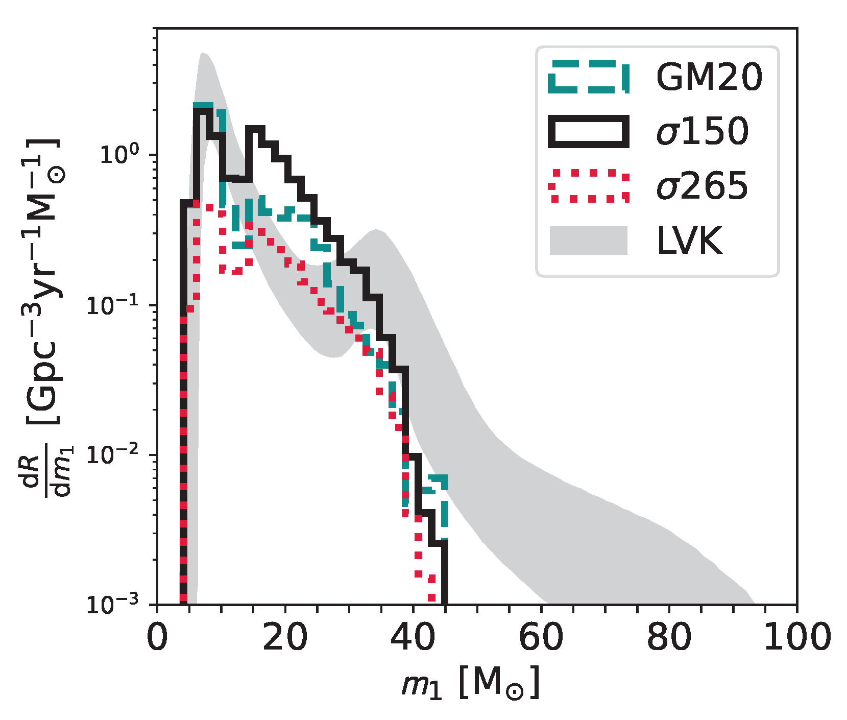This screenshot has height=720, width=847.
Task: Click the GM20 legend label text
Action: point(709,78)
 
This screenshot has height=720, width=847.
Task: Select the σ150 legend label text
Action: point(703,131)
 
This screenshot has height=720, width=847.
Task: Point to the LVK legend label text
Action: point(689,240)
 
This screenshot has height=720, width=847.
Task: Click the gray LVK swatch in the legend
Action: point(588,240)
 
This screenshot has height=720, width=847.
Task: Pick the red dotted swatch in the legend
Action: point(588,186)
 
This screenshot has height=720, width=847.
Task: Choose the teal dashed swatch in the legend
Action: point(588,78)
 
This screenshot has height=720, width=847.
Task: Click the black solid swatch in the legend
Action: point(588,132)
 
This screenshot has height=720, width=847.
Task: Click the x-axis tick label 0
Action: point(157,637)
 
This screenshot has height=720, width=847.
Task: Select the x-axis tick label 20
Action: point(285,637)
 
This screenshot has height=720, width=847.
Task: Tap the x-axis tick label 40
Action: point(413,637)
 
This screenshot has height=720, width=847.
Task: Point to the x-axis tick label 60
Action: point(541,637)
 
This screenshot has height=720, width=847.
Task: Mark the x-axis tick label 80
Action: point(669,637)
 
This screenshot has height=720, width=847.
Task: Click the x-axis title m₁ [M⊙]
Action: point(470,683)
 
